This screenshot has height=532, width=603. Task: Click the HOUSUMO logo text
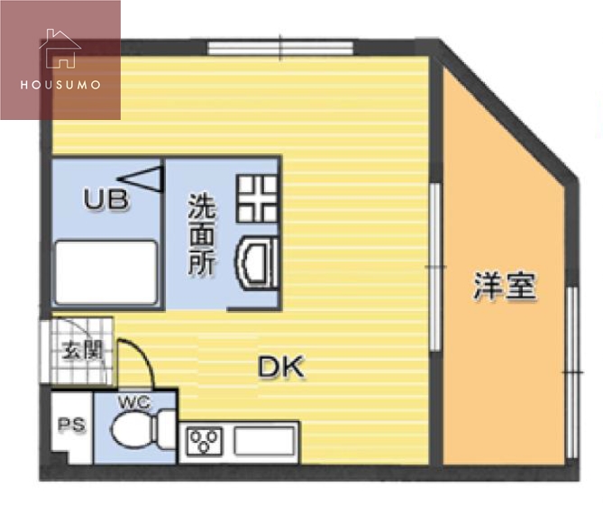[59, 85]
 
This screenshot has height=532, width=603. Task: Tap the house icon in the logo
[59, 50]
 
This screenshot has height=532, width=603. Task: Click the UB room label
[106, 199]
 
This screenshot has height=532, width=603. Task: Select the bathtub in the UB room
[106, 271]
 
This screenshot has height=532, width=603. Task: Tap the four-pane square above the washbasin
[257, 198]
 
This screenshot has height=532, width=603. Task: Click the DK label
[281, 367]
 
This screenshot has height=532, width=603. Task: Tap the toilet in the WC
[144, 429]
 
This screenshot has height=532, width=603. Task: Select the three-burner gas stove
[205, 442]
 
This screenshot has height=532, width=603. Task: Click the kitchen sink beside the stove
[263, 442]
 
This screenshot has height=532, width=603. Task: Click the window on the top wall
[280, 46]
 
